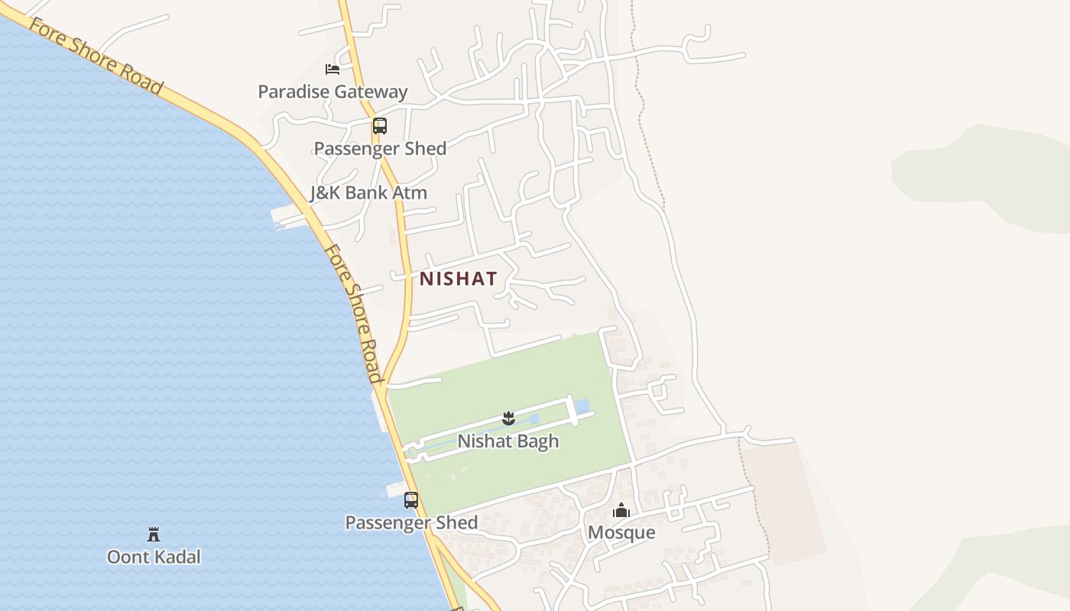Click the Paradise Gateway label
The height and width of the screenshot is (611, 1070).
click(x=332, y=92)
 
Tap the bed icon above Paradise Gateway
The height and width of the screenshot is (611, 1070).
click(x=332, y=70)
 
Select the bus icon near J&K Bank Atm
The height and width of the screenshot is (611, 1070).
click(x=380, y=126)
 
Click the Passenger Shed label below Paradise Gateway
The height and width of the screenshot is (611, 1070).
click(x=380, y=148)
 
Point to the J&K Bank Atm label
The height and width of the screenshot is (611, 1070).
click(x=368, y=192)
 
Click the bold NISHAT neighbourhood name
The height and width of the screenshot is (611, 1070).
click(x=459, y=279)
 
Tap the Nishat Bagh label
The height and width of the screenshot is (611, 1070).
click(x=508, y=441)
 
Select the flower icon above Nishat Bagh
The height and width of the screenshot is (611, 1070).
click(x=508, y=418)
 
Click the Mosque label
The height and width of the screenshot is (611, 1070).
click(x=621, y=532)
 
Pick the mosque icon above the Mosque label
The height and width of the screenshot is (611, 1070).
click(x=621, y=510)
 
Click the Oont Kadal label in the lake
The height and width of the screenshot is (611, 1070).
click(x=154, y=557)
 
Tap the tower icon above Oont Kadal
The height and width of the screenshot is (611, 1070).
click(x=154, y=534)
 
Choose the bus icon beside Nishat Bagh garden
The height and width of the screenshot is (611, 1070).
click(x=411, y=500)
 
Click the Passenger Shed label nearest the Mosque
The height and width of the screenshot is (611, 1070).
click(x=411, y=522)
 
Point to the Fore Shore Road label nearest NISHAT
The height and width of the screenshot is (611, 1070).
click(x=353, y=313)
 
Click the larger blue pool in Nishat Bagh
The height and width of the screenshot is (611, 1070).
click(x=582, y=406)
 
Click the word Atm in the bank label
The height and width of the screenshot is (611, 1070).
click(x=410, y=192)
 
